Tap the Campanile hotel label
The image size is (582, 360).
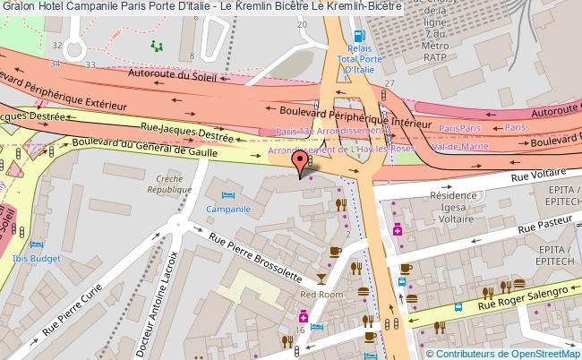click(227, 210)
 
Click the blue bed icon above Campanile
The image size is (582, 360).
click(227, 194)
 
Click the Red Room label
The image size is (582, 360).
click(321, 294)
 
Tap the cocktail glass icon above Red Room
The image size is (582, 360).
click(322, 278)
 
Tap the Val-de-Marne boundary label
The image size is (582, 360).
click(458, 145)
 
